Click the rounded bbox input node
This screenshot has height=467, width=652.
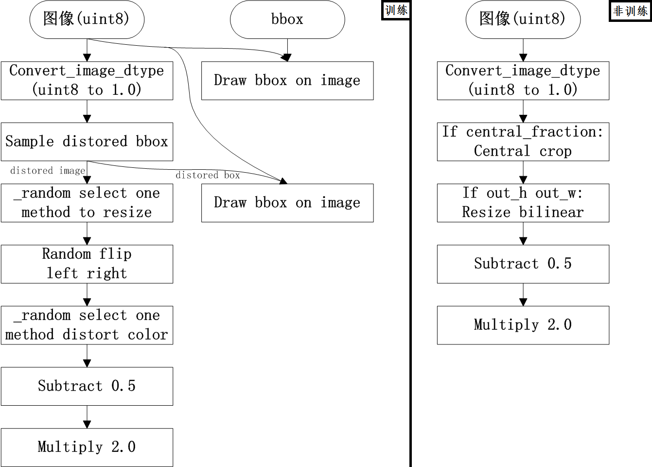(x=287, y=19)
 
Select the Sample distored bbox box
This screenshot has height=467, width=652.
(x=87, y=142)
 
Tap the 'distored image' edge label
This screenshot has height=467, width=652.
(x=48, y=171)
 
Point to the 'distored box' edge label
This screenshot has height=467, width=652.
(x=208, y=175)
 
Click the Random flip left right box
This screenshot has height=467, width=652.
(x=87, y=264)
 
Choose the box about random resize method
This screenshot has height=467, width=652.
(x=87, y=203)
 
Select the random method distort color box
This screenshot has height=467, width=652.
(x=87, y=325)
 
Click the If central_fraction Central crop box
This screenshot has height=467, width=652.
(x=523, y=142)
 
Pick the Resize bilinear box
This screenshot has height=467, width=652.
(x=523, y=203)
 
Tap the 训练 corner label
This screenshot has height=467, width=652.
(x=396, y=10)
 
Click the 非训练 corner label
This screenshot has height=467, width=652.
(x=630, y=11)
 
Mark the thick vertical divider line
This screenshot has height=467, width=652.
(x=410, y=243)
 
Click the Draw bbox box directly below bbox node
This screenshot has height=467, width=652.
(x=287, y=81)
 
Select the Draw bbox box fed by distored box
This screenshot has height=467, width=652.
(x=287, y=203)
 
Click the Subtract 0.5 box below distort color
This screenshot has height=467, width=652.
(x=87, y=386)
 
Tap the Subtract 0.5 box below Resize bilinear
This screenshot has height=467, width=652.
(x=523, y=264)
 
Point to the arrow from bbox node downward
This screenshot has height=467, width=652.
(x=287, y=50)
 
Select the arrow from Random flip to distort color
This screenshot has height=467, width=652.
(x=87, y=295)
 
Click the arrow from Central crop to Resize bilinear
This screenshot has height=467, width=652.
(x=523, y=172)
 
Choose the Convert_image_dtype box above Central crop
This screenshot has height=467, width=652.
(x=523, y=81)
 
